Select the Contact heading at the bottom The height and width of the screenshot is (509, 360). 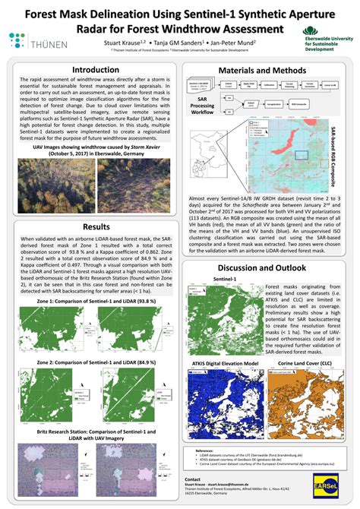click(x=194, y=479)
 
